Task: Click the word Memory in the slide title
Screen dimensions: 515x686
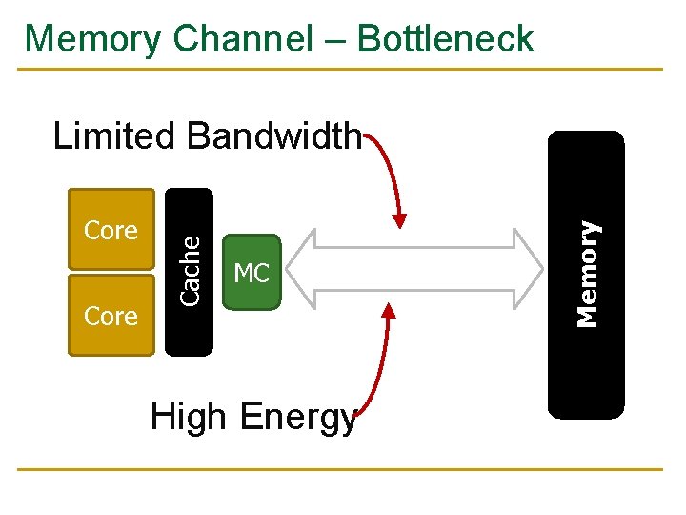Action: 93,39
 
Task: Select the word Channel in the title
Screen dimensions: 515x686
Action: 242,39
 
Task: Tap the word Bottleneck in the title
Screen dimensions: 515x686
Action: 445,39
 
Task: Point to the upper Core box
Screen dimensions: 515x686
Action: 111,231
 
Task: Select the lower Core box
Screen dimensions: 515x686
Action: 111,316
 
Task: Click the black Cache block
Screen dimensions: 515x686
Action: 190,273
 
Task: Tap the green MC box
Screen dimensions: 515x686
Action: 252,274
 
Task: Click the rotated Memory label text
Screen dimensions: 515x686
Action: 590,274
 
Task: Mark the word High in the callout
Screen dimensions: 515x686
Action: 190,417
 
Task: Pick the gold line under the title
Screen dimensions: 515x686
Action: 343,69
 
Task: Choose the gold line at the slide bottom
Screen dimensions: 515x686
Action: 343,469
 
